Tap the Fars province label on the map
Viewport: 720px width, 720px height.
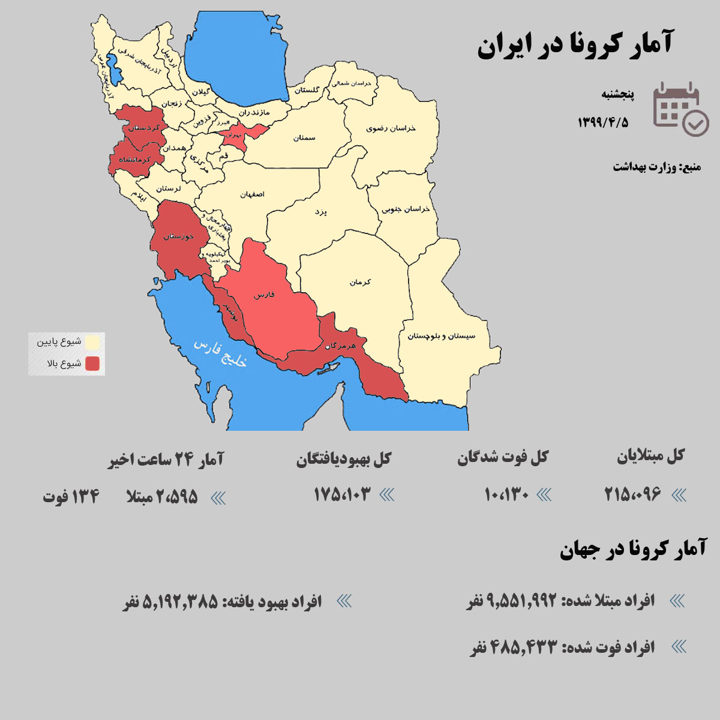click(264, 295)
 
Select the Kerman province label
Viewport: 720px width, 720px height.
click(361, 281)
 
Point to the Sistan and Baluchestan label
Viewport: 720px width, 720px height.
click(441, 336)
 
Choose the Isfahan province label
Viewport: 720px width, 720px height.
click(252, 194)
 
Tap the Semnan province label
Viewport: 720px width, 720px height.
click(304, 138)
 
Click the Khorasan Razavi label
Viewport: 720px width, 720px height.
click(391, 128)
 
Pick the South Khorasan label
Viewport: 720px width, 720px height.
click(406, 209)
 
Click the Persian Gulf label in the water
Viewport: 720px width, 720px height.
click(221, 354)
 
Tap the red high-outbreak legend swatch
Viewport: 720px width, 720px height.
click(92, 364)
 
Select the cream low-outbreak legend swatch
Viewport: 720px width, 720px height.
click(92, 343)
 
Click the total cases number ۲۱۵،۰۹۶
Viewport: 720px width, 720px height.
click(632, 495)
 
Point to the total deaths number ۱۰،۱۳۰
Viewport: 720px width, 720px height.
click(506, 495)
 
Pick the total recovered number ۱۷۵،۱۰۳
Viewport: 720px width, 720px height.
click(343, 495)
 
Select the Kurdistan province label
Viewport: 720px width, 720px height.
click(145, 128)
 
